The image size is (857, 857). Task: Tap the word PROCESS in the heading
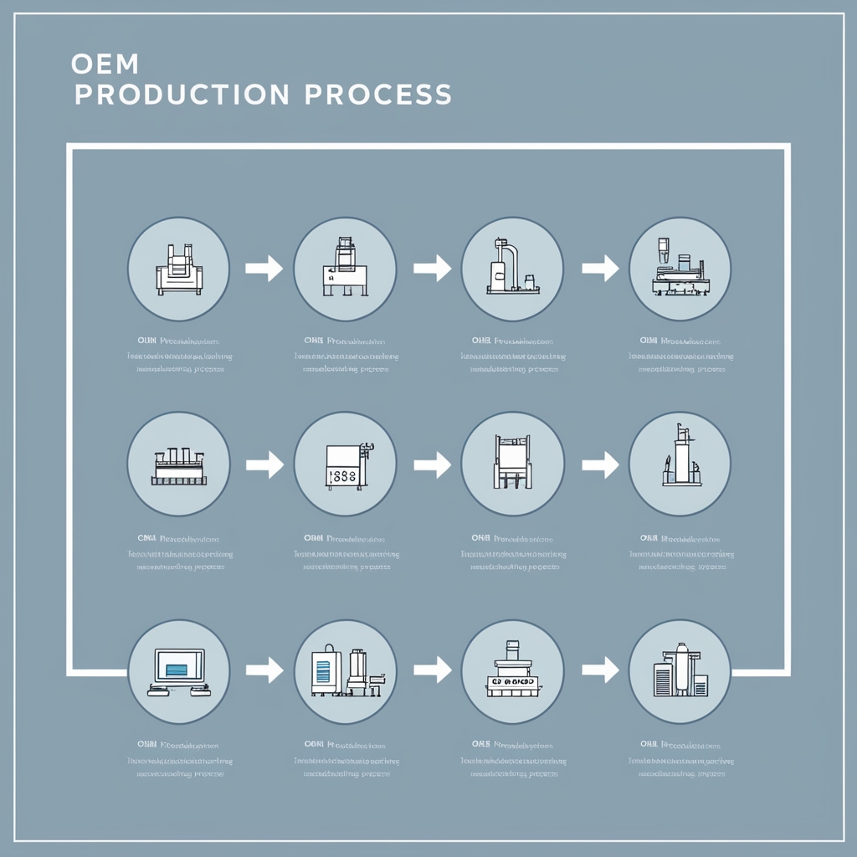pyautogui.click(x=377, y=95)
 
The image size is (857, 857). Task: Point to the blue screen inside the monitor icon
pyautogui.click(x=177, y=669)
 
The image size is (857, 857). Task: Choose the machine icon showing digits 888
pyautogui.click(x=345, y=464)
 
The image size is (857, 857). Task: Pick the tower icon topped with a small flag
pyautogui.click(x=680, y=463)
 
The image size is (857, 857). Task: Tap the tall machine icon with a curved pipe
pyautogui.click(x=512, y=268)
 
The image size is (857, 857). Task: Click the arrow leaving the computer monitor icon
pyautogui.click(x=264, y=669)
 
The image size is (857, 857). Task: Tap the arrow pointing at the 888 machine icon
pyautogui.click(x=264, y=464)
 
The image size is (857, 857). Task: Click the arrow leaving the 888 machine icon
pyautogui.click(x=432, y=464)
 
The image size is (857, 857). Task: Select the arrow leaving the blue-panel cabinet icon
pyautogui.click(x=432, y=669)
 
